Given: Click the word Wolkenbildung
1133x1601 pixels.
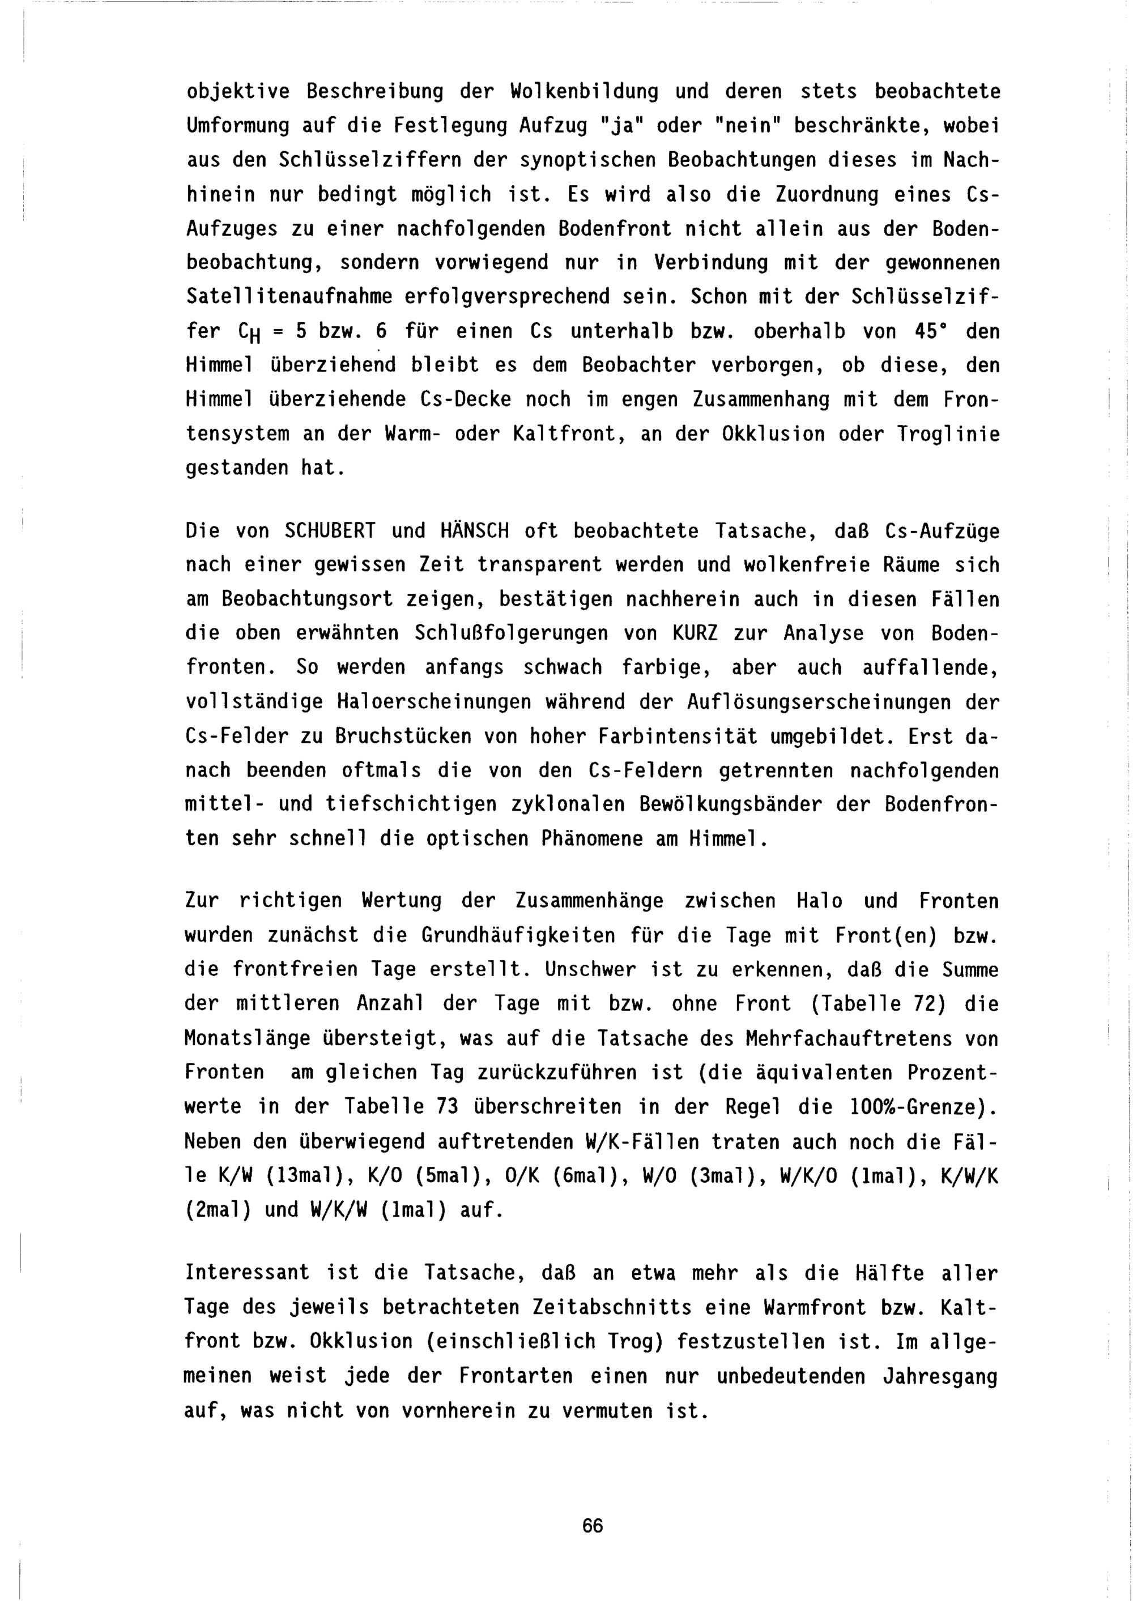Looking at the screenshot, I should tap(584, 91).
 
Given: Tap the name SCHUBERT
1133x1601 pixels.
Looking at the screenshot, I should tap(330, 532).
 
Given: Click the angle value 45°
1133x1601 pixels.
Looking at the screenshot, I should tap(928, 331).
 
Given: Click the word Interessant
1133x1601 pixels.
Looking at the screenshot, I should tap(247, 1273).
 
